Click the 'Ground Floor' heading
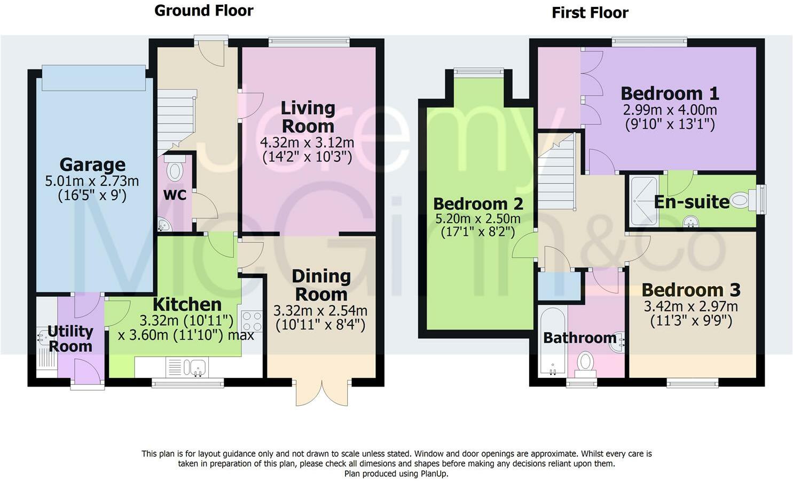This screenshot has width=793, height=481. point(203,11)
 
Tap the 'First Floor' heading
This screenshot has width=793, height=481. point(590,13)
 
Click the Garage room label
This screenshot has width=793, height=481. point(92,164)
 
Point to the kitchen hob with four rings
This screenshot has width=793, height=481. point(252,321)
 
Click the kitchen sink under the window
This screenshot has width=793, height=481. point(194,367)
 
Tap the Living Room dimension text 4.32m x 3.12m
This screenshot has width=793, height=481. point(307,143)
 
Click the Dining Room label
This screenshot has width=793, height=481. point(321,285)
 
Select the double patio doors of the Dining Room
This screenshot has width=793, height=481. point(322,392)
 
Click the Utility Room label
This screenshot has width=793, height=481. point(70,338)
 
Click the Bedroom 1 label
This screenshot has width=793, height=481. point(670,94)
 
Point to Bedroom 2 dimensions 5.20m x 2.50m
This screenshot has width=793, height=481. point(478,219)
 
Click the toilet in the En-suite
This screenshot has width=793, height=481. point(743,201)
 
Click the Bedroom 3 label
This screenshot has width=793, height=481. point(690,290)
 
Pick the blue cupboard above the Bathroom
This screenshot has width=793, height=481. point(560,285)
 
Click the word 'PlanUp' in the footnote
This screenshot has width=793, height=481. point(434,474)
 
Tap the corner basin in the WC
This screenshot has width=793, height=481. point(163,224)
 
